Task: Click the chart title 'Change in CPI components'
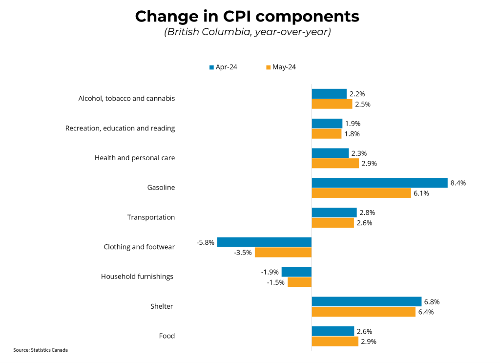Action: pos(247,16)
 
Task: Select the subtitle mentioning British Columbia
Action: pos(247,32)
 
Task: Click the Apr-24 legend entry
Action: pos(223,67)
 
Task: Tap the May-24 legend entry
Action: pos(281,67)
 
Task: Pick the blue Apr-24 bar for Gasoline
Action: pos(379,183)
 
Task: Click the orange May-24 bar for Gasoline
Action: pos(361,193)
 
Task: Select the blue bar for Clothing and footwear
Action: pos(264,242)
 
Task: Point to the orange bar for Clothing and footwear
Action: pos(283,252)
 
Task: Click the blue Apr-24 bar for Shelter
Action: pos(366,301)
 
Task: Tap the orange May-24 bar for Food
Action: pos(335,342)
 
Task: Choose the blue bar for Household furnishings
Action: pos(296,272)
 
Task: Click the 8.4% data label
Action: pos(458,183)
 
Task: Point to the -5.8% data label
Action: pos(206,242)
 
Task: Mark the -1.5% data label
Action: pos(276,282)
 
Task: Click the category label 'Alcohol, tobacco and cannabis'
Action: pos(126,98)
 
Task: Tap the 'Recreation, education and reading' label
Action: pos(120,128)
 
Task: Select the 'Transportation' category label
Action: pos(151,217)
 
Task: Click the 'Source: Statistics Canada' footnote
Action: pos(41,350)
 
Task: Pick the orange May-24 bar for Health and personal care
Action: pos(335,163)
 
